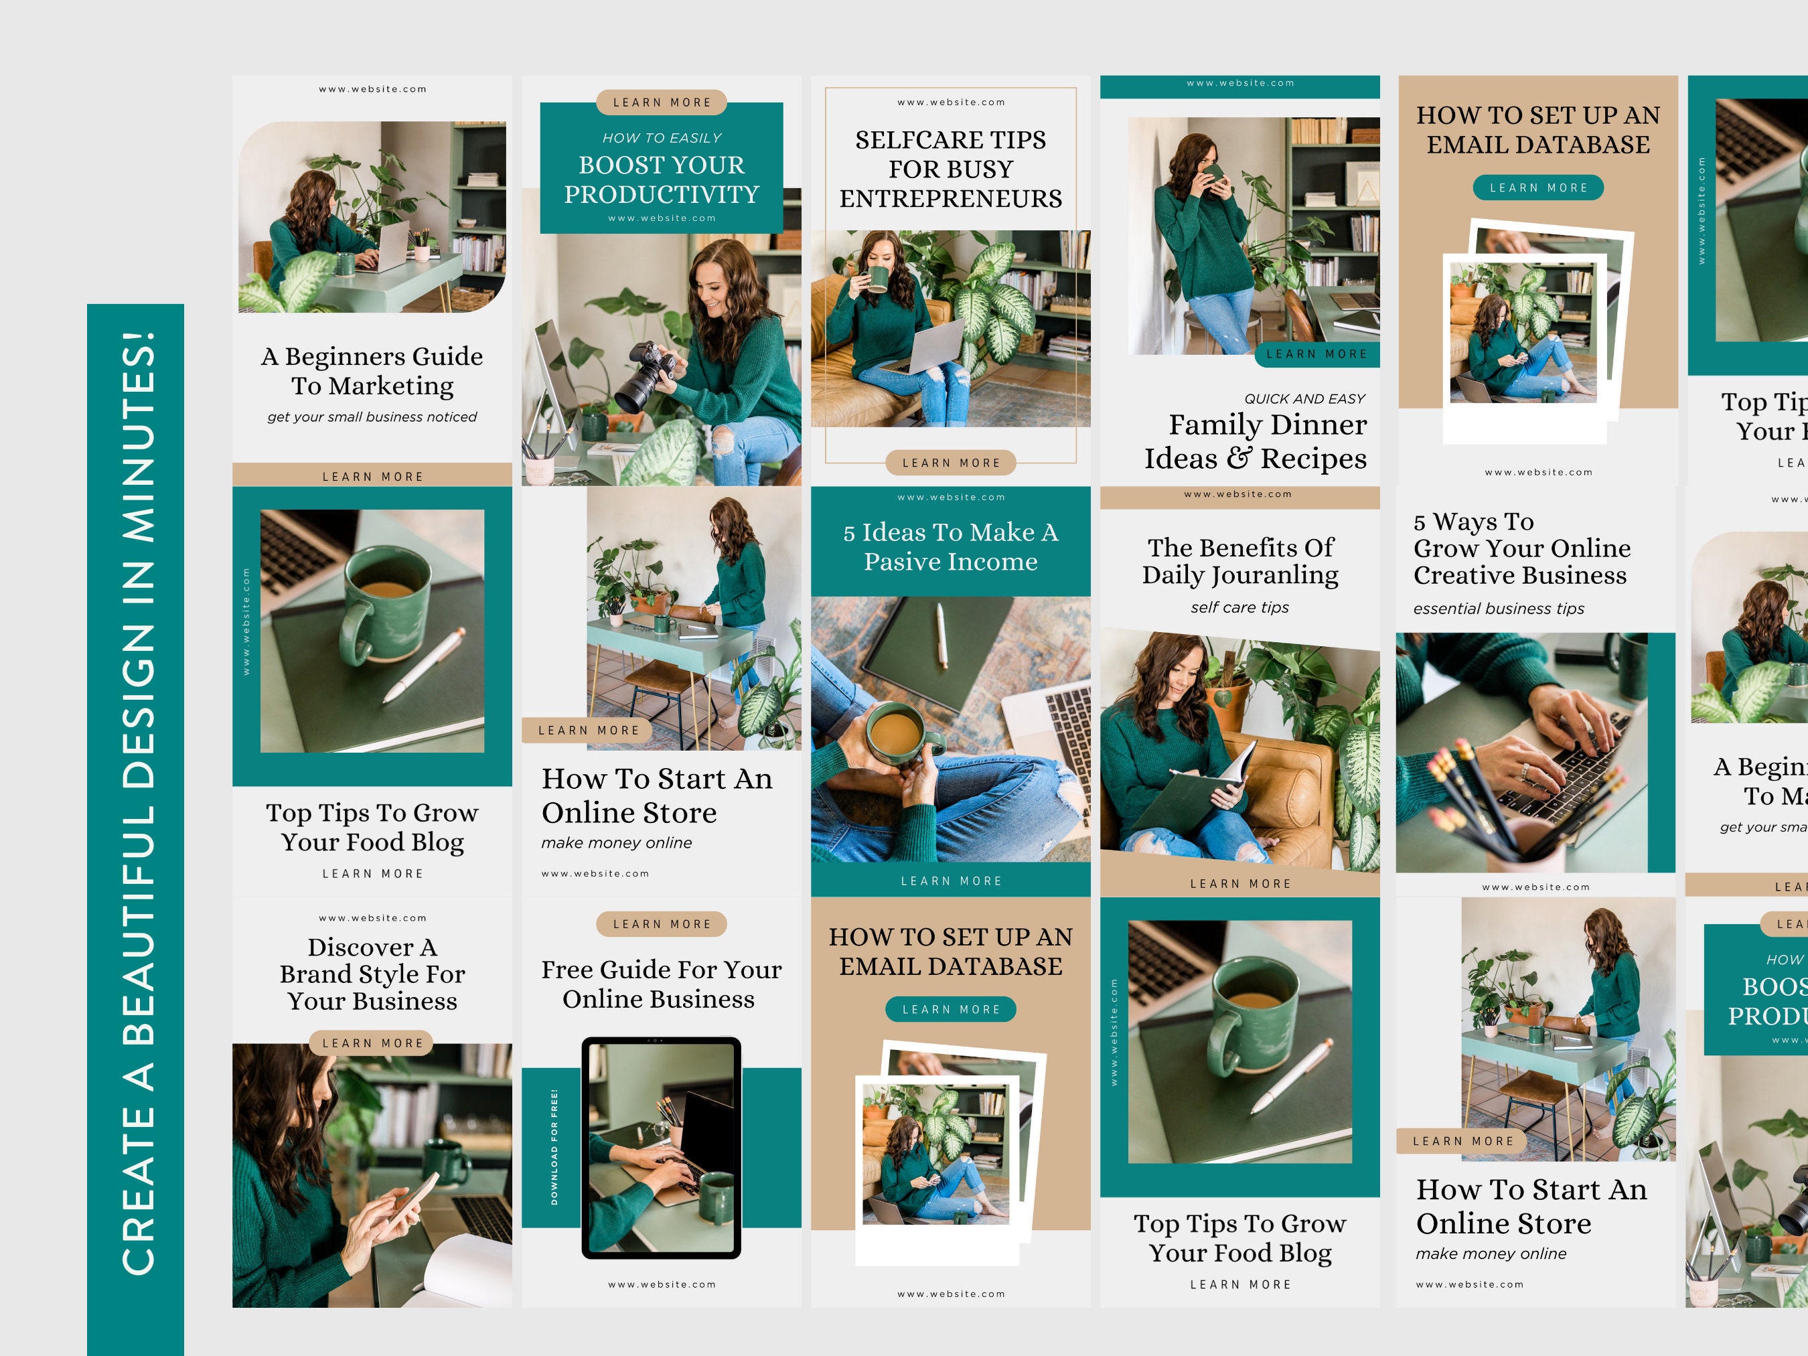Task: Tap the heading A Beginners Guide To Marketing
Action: pos(372,371)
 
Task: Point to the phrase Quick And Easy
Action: pos(1304,399)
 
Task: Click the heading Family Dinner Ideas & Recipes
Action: pos(1256,442)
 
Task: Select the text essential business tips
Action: pos(1498,609)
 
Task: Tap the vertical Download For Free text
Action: pos(554,1147)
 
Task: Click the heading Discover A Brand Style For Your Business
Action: pos(372,974)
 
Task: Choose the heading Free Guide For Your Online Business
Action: pos(660,984)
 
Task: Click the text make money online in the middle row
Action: pos(616,842)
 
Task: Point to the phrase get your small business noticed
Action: pos(372,417)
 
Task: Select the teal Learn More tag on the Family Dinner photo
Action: pos(1316,354)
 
